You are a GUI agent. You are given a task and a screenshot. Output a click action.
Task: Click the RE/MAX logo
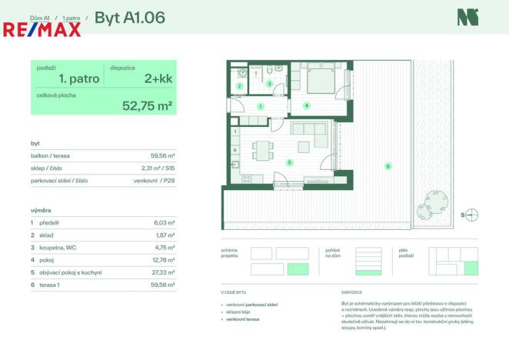pos(42,29)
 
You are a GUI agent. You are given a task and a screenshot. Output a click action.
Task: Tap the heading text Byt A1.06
pos(129,17)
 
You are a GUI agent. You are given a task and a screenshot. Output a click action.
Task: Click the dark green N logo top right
pos(467,17)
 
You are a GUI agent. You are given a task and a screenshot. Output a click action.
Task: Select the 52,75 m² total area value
pos(147,105)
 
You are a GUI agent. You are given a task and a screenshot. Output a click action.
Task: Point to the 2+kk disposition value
pos(158,78)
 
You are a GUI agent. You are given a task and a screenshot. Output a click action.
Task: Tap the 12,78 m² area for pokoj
pos(164,260)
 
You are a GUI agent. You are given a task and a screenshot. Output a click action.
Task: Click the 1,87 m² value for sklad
pos(165,235)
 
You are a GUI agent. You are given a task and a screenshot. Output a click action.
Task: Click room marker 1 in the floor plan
pos(260,105)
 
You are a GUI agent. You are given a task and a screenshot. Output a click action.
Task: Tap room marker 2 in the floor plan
pos(239,86)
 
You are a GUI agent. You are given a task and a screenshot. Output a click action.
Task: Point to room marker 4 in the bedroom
pos(306,105)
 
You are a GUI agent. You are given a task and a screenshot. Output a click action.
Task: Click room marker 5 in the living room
pos(289,162)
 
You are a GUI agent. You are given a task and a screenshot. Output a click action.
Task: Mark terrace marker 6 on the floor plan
pos(388,165)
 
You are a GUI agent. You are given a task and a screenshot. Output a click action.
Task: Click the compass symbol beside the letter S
pos(472,215)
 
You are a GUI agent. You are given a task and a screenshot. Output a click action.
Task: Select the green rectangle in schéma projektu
pos(297,269)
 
